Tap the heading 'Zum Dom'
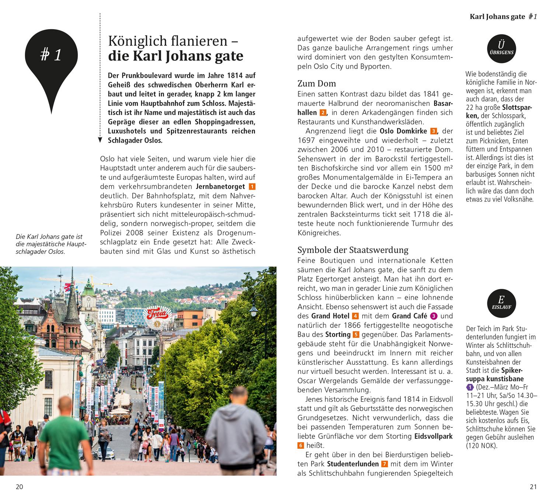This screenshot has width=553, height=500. (317, 84)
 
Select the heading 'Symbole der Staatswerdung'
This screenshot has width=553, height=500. (352, 250)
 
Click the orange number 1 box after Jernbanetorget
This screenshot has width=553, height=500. (252, 186)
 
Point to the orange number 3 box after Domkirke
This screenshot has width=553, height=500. (434, 131)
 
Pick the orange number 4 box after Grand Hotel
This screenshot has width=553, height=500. (355, 316)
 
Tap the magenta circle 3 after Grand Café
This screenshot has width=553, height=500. (434, 316)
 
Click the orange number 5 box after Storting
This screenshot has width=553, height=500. (356, 335)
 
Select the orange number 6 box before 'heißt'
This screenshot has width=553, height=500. (301, 445)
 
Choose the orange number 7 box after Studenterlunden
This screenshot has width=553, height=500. (385, 464)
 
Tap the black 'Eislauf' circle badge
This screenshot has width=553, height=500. (501, 303)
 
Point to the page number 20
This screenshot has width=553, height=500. (19, 487)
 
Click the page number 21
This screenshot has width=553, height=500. (533, 487)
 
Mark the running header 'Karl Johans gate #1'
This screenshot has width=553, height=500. (503, 17)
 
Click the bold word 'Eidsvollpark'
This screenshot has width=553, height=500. (434, 436)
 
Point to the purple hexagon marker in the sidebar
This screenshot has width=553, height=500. (470, 387)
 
